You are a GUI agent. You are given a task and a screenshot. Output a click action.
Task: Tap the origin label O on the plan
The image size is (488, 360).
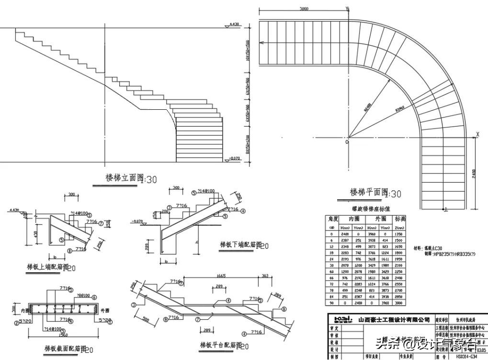point(347,142)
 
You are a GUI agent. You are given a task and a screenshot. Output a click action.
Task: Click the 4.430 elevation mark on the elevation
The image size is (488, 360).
point(234,23)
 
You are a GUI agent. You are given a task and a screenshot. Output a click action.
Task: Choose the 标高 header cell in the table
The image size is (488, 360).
point(400,219)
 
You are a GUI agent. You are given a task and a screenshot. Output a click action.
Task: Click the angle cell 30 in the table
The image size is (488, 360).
point(331,265)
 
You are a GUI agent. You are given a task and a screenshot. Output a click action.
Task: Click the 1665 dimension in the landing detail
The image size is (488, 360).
point(221,276)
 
